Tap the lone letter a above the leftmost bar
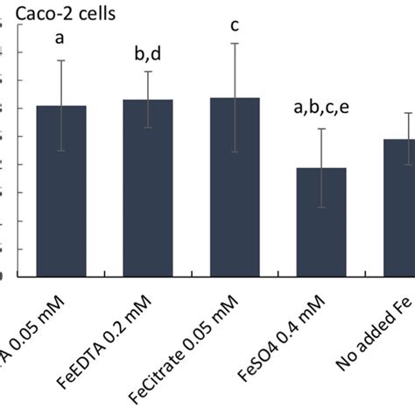coord(60,38)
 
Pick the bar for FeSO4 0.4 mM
coord(321,222)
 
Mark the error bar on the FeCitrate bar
coord(235,96)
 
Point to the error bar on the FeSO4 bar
coord(321,167)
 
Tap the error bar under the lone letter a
coord(60,105)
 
